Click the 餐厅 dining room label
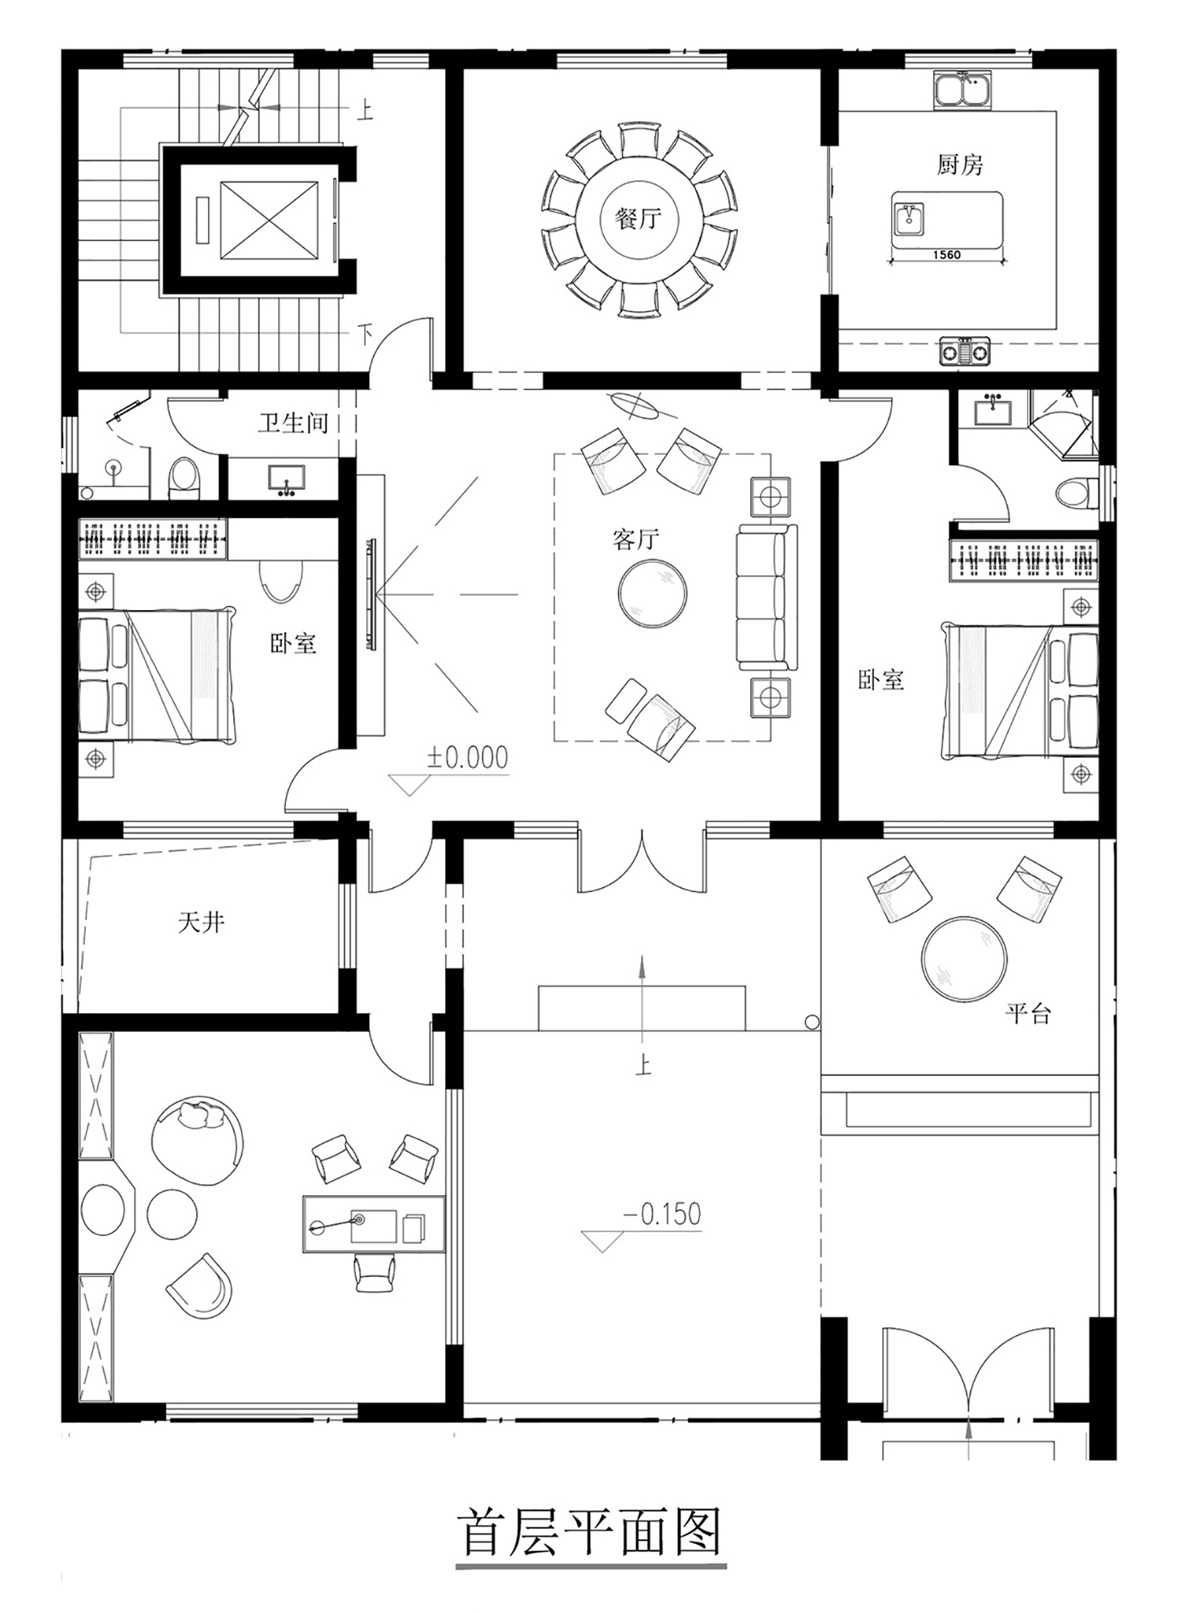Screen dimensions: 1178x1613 tap(638, 218)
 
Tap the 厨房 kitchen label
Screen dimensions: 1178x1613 tap(960, 164)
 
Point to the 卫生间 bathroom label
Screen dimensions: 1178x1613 tap(293, 423)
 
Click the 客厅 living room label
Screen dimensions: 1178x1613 tap(635, 539)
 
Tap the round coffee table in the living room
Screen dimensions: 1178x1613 tap(653, 593)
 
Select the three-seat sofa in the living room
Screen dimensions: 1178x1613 tap(766, 598)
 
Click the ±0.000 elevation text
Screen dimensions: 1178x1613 tap(467, 757)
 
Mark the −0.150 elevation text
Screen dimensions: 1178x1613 tap(661, 1214)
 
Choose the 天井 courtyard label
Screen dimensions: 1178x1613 tap(201, 922)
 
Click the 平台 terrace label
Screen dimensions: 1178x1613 tap(1027, 1013)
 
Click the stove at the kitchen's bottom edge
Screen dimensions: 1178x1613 tap(965, 351)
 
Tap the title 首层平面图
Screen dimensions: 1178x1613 tap(590, 1531)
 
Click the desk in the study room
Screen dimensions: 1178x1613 tap(374, 1224)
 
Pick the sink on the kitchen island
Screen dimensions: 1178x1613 tap(909, 218)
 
